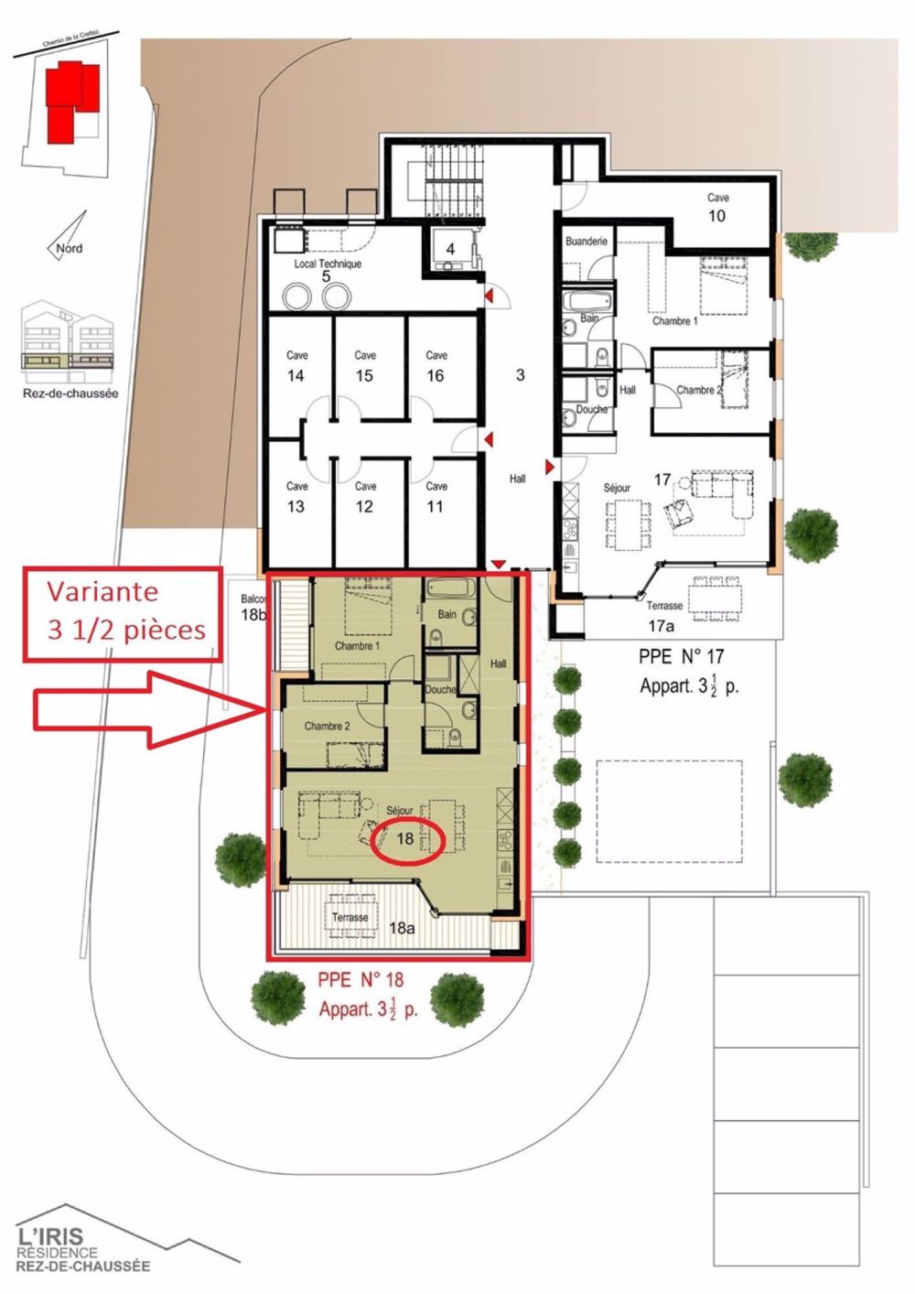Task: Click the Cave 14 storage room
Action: pyautogui.click(x=296, y=366)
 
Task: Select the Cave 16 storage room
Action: pyautogui.click(x=436, y=366)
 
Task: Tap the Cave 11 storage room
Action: pyautogui.click(x=436, y=498)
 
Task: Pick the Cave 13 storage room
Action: pyautogui.click(x=296, y=498)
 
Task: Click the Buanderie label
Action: pyautogui.click(x=587, y=242)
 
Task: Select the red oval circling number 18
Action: pyautogui.click(x=408, y=838)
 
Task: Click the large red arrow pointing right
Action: pyautogui.click(x=146, y=709)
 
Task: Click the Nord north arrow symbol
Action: pyautogui.click(x=69, y=237)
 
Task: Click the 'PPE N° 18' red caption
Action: pyautogui.click(x=361, y=979)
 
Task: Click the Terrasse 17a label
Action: pyautogui.click(x=663, y=615)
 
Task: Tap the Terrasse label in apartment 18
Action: pyautogui.click(x=350, y=917)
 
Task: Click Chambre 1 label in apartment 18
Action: pyautogui.click(x=357, y=646)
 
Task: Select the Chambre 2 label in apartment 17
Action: pyautogui.click(x=699, y=390)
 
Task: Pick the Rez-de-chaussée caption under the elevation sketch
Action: pyautogui.click(x=70, y=394)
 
